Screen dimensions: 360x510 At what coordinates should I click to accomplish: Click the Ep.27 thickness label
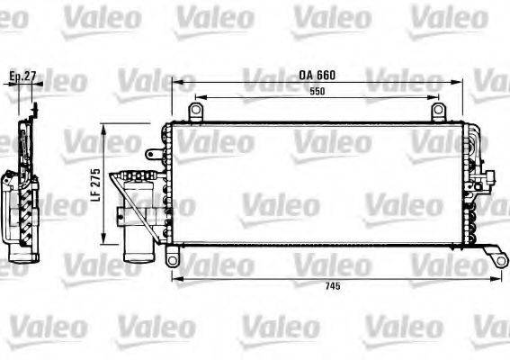pos(21,76)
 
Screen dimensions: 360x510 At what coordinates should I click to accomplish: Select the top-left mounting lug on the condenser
pos(195,112)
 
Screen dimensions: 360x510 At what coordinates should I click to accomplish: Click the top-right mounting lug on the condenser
pos(438,112)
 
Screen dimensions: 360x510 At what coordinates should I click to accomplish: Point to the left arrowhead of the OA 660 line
pos(174,83)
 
